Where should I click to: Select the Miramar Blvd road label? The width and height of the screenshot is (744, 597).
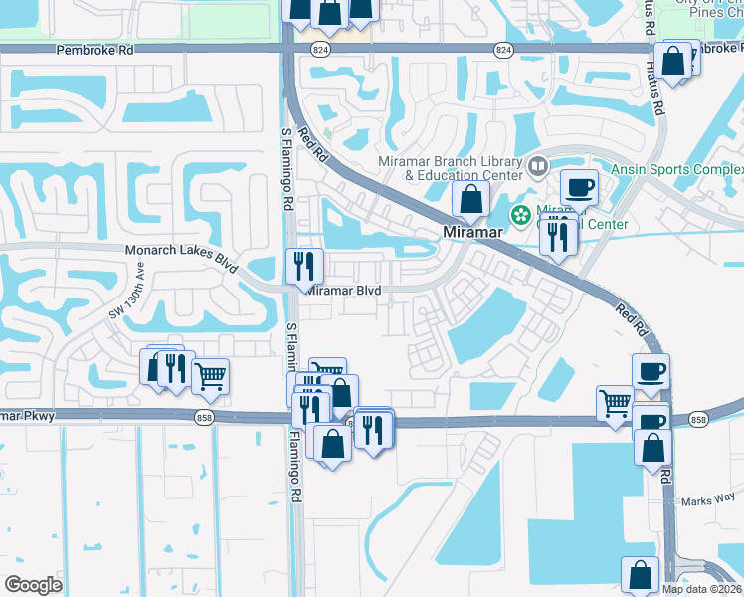[343, 290]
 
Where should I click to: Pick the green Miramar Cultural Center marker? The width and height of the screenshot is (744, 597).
[520, 213]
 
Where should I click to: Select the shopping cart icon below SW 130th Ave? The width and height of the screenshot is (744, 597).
[210, 375]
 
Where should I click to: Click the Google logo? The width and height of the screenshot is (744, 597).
[33, 585]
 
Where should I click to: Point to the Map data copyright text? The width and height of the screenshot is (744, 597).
[702, 589]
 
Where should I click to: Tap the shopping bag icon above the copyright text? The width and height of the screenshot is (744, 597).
[640, 574]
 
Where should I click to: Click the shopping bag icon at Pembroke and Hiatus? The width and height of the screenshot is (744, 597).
[674, 60]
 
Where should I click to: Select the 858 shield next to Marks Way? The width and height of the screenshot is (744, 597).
[698, 421]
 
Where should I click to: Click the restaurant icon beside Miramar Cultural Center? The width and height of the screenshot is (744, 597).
[557, 236]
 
